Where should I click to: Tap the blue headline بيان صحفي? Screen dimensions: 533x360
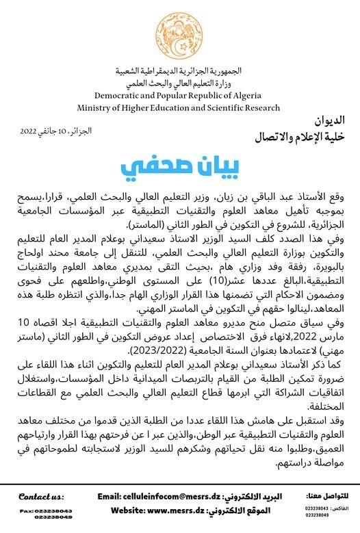click(181, 166)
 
